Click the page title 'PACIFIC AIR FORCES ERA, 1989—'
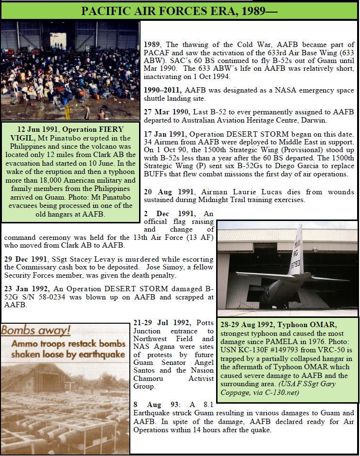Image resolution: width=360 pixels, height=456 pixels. click(180, 10)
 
